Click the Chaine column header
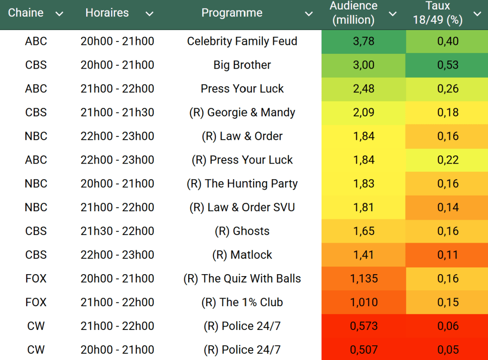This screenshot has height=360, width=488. (x=26, y=13)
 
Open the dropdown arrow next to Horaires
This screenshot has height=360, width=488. (x=149, y=14)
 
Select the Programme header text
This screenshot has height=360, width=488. (x=232, y=13)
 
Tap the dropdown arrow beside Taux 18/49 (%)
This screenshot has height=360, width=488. (x=477, y=14)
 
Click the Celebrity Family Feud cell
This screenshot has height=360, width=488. (x=242, y=41)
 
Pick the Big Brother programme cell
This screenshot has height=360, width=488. (x=242, y=65)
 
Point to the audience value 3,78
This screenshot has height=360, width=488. (x=364, y=41)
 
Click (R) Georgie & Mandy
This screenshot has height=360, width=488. (x=242, y=113)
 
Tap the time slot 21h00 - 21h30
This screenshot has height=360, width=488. (x=117, y=113)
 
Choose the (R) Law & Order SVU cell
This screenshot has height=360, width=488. (x=242, y=207)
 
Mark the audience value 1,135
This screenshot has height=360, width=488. (x=364, y=278)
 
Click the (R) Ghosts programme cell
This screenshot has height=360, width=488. (x=242, y=231)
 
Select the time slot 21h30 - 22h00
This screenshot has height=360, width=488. (x=117, y=231)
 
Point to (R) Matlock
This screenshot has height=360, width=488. (x=242, y=255)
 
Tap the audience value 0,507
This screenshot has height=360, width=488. (x=364, y=350)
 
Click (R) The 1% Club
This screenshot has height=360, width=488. (x=242, y=302)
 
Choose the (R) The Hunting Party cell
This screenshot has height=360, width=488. (x=242, y=184)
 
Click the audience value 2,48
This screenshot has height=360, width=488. (x=364, y=89)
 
